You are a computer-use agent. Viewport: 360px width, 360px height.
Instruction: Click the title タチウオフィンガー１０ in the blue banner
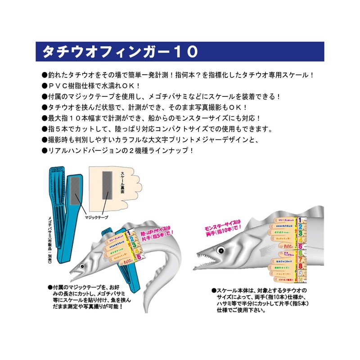pyautogui.click(x=119, y=52)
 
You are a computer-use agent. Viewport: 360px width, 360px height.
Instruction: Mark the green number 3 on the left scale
pyautogui.click(x=133, y=246)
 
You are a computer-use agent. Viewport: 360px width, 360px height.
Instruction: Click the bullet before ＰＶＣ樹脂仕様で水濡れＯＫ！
pyautogui.click(x=44, y=85)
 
